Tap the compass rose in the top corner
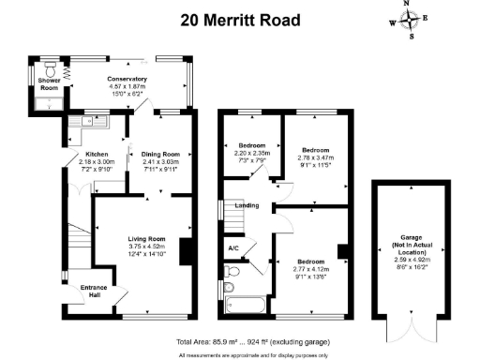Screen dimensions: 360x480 tap(410, 20)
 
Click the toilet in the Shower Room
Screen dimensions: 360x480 tap(49, 71)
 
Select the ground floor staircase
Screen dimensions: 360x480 tap(80, 229)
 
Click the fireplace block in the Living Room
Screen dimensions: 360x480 tap(186, 250)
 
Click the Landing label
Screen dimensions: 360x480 tap(247, 204)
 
